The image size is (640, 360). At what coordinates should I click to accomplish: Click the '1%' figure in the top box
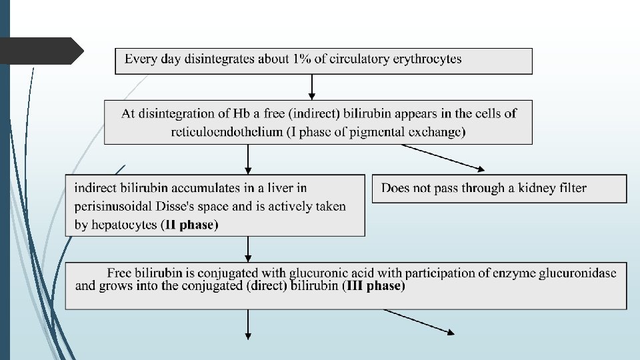tap(300, 59)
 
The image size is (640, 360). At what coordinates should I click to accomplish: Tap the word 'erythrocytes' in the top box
tap(427, 59)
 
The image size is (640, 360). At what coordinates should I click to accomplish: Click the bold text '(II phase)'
tap(189, 225)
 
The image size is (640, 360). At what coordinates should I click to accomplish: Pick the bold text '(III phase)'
tap(373, 287)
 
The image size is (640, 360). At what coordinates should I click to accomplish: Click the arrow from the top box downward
tap(311, 87)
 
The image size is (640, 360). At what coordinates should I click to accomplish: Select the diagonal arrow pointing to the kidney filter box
tap(443, 158)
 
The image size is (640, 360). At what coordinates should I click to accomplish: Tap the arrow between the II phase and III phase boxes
tap(248, 249)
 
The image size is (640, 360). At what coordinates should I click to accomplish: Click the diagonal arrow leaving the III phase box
tap(420, 321)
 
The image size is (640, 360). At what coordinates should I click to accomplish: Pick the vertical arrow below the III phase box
tap(248, 325)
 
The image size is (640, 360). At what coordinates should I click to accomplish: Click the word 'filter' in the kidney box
tap(571, 188)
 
